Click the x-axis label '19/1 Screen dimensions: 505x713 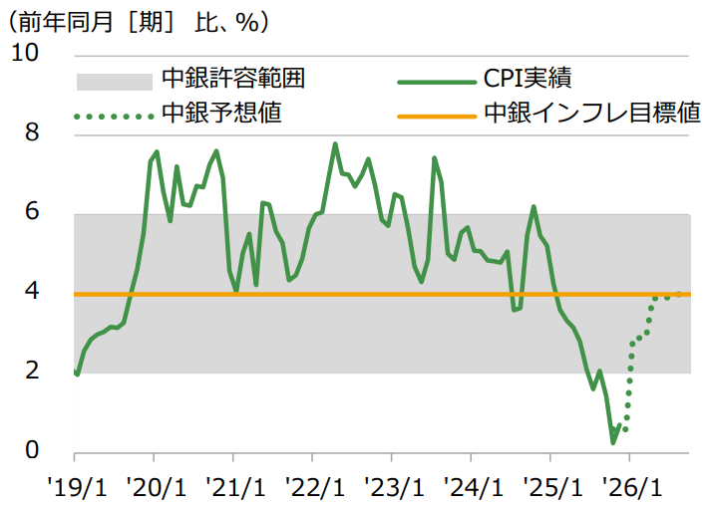(74, 488)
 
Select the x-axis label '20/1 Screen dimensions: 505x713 (154, 488)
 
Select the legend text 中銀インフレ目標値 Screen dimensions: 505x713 (590, 113)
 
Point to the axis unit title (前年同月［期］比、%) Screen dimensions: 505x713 (141, 20)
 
